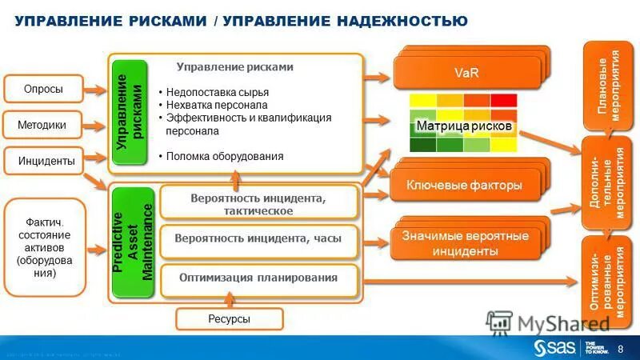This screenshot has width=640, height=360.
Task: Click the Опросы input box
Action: (43, 89)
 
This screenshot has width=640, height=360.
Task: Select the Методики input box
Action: (42, 126)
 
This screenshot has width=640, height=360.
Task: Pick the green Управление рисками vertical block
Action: (130, 112)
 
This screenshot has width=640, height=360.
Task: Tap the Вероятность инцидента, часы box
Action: (258, 238)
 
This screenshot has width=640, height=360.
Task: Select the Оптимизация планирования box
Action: (258, 278)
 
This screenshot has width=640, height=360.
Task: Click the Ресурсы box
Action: (230, 319)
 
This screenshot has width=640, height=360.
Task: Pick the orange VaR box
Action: (466, 74)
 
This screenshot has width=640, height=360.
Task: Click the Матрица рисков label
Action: (463, 126)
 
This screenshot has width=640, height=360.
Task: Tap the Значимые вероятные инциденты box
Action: (465, 244)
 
